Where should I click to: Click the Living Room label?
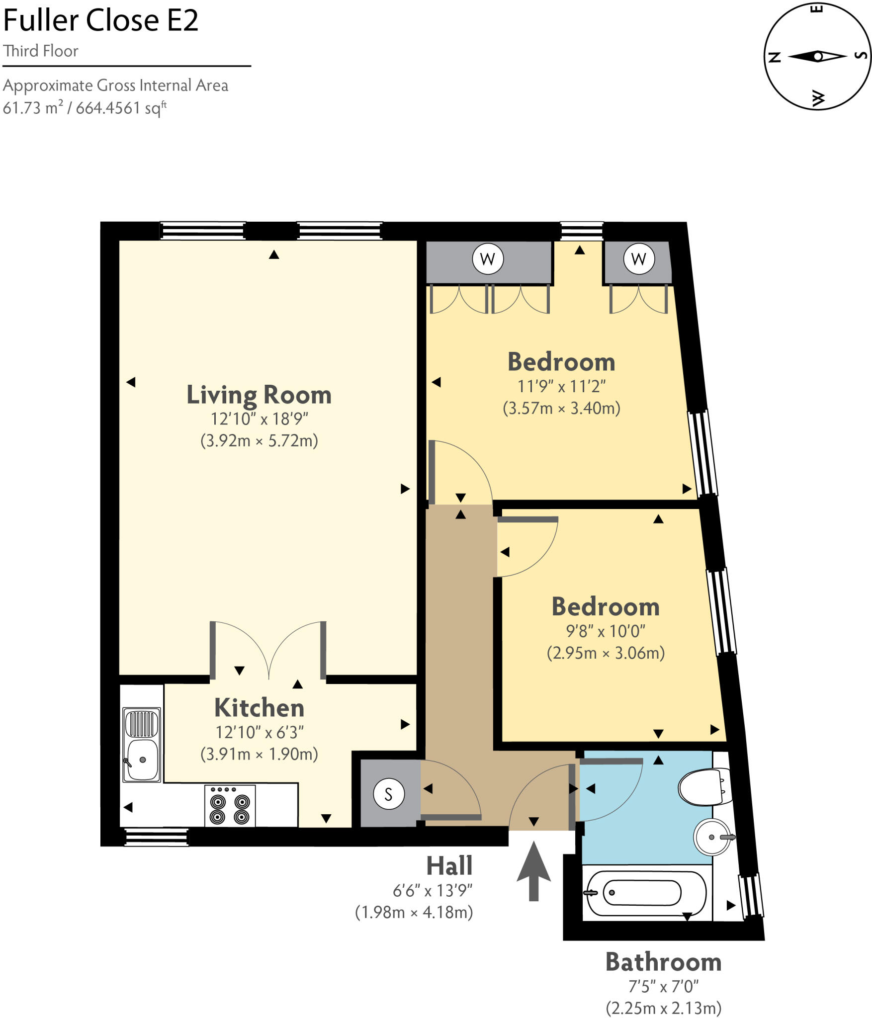pyautogui.click(x=259, y=395)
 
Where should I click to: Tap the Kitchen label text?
pyautogui.click(x=259, y=708)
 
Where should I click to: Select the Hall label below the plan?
pyautogui.click(x=449, y=866)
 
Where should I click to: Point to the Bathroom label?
pyautogui.click(x=663, y=962)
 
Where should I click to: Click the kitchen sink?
pyautogui.click(x=142, y=745)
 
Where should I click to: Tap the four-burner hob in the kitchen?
pyautogui.click(x=230, y=806)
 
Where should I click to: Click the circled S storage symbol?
pyautogui.click(x=389, y=794)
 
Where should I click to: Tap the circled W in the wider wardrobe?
pyautogui.click(x=488, y=258)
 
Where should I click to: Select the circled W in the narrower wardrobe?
pyautogui.click(x=638, y=258)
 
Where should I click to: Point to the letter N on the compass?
pyautogui.click(x=775, y=57)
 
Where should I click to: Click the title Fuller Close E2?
pyautogui.click(x=101, y=20)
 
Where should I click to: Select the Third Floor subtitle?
pyautogui.click(x=41, y=51)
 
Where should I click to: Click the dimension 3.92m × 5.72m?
pyautogui.click(x=259, y=440)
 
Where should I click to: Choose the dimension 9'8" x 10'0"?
pyautogui.click(x=606, y=631)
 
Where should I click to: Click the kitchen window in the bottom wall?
pyautogui.click(x=156, y=837)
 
